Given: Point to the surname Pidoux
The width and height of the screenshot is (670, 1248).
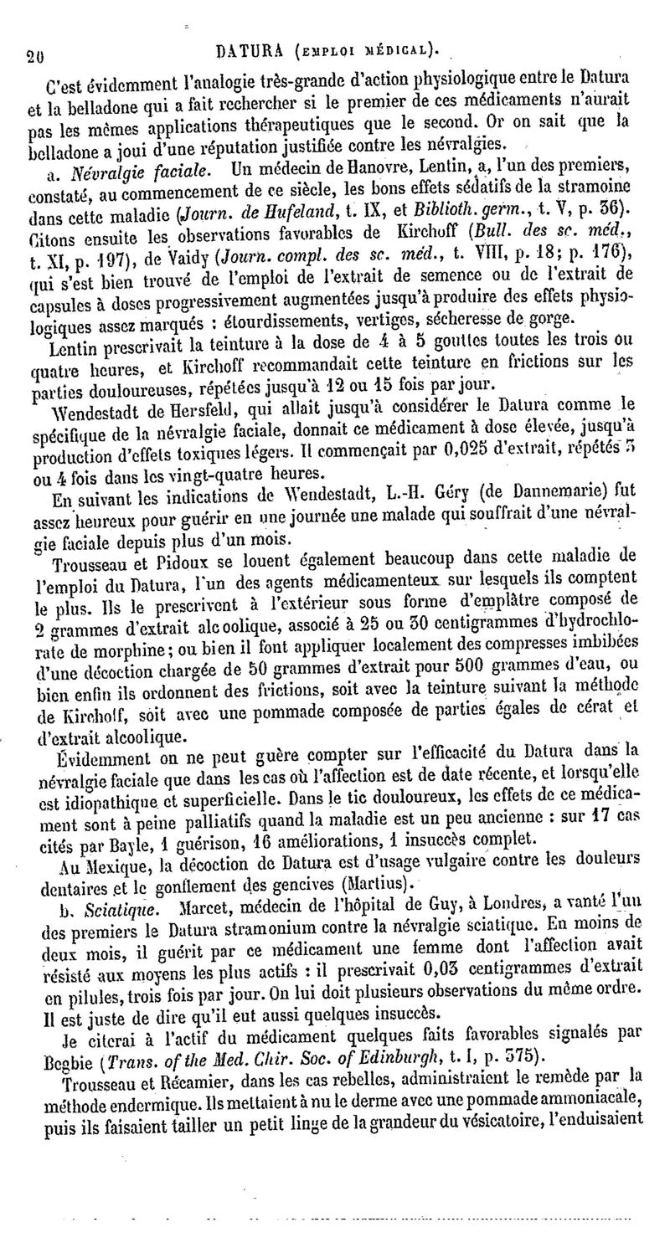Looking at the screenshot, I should pos(178,556).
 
